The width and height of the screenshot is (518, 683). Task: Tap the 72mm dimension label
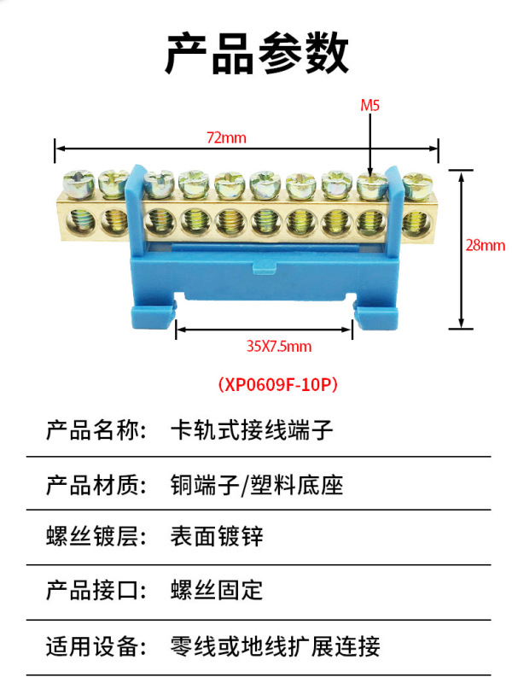click(226, 137)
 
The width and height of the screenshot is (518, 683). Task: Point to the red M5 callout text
click(370, 107)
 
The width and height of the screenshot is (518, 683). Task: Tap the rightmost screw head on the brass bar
click(417, 183)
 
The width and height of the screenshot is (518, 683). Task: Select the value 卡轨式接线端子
click(252, 430)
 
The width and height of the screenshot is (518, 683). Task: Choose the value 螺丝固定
click(217, 589)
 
